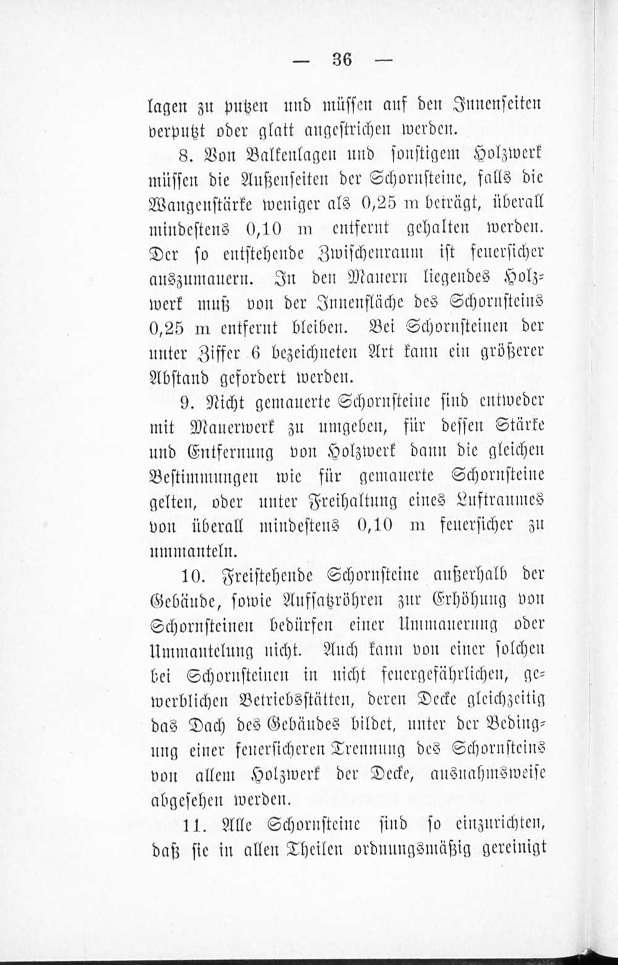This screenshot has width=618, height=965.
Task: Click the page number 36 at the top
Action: point(342,59)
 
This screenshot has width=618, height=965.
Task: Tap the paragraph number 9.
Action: point(188,402)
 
